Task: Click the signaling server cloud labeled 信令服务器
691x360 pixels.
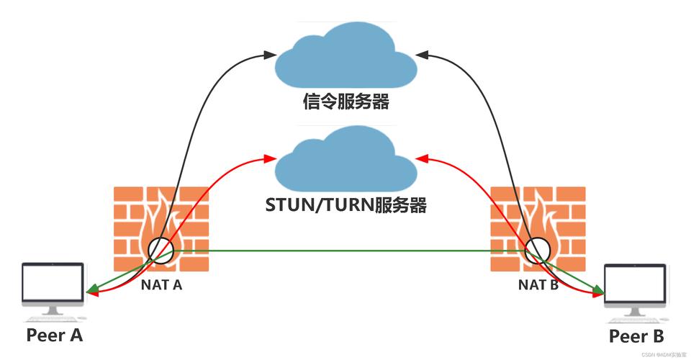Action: pos(345,56)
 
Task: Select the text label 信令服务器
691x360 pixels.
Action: pos(345,102)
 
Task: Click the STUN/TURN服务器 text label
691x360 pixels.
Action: pos(346,206)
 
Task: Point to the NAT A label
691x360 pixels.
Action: pos(161,284)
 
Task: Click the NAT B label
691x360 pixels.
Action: pos(538,284)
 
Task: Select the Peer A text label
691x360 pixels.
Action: pos(55,335)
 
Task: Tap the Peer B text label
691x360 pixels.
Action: pos(636,336)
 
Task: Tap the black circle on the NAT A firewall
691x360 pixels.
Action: pos(161,249)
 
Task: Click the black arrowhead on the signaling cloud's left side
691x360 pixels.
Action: pos(270,53)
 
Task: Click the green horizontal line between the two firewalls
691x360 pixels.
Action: pos(345,251)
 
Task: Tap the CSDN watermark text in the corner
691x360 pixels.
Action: pos(652,354)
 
